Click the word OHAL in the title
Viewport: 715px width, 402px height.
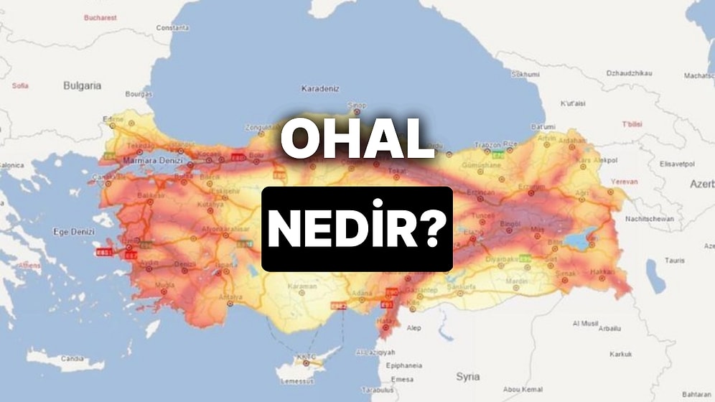tap(357, 141)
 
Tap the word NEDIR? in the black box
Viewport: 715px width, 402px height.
tap(357, 229)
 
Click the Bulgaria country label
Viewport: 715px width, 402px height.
tap(82, 85)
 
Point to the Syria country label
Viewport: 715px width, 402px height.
tap(468, 376)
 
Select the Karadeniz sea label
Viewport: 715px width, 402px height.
tap(321, 91)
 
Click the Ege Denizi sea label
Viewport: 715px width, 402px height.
tap(74, 232)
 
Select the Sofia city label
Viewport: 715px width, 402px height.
tap(20, 85)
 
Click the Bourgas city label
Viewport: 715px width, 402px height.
tap(139, 94)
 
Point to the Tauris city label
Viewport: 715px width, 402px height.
tap(674, 260)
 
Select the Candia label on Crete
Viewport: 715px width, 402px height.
tap(72, 358)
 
